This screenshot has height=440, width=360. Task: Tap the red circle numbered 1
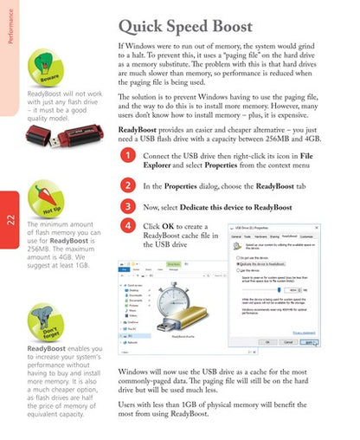point(126,156)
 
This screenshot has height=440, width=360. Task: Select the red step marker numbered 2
point(126,185)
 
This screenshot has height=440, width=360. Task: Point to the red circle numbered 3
point(126,207)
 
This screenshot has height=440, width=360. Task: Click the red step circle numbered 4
point(126,227)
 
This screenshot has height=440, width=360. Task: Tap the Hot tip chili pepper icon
point(48,198)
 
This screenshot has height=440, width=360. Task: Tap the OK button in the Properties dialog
point(279,341)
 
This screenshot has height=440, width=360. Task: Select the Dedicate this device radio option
point(237,262)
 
